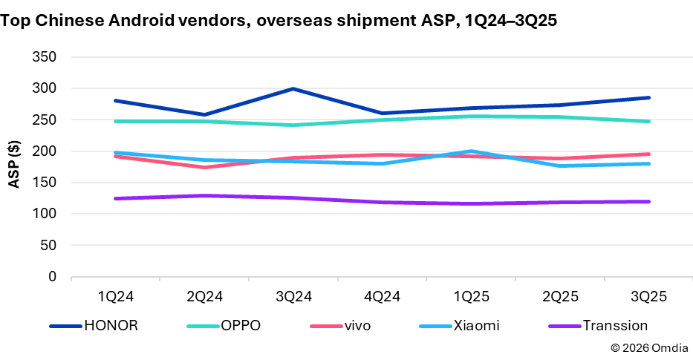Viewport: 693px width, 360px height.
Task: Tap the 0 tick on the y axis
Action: [x=52, y=277]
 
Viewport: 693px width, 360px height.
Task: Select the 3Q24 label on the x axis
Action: [x=293, y=296]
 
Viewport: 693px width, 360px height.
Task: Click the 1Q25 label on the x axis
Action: [x=472, y=296]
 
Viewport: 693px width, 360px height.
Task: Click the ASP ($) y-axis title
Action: [x=14, y=167]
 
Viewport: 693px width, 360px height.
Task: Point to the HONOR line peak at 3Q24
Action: [x=293, y=88]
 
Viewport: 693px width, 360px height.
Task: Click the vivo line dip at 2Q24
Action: [x=204, y=167]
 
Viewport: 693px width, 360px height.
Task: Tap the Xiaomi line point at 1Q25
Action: [x=472, y=151]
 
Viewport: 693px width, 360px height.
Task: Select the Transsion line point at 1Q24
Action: [x=115, y=198]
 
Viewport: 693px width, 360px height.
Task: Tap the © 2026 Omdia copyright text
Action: [x=648, y=347]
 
